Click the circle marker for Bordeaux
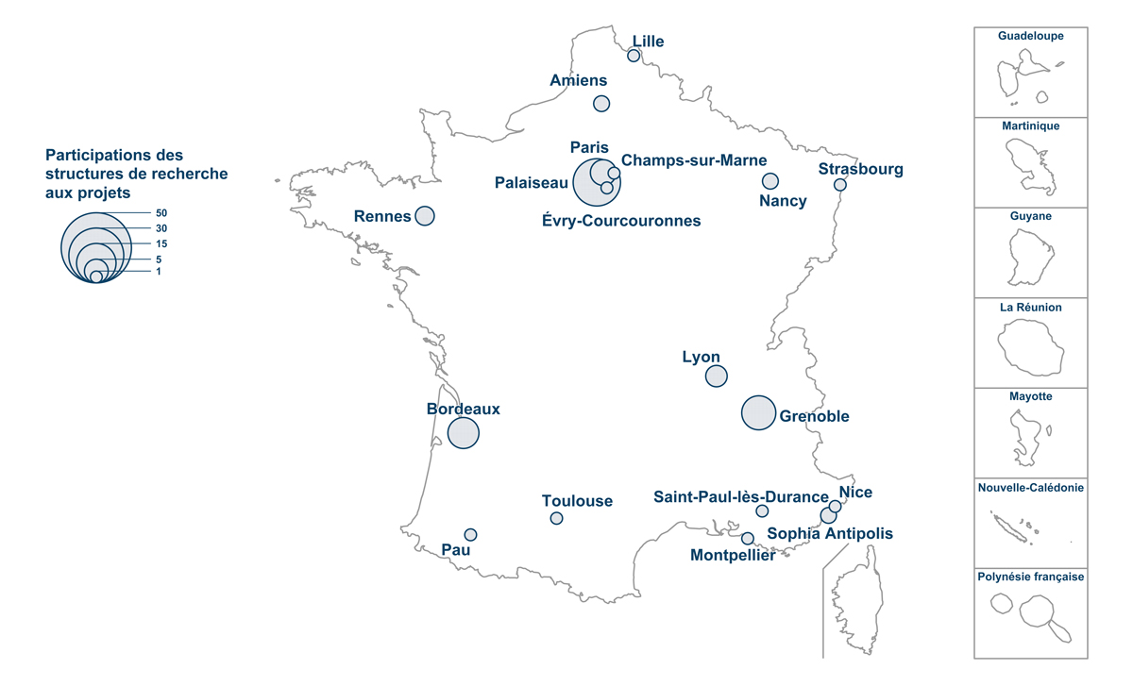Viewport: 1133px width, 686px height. (463, 433)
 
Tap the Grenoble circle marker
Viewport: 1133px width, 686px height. (758, 412)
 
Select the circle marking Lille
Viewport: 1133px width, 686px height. (634, 56)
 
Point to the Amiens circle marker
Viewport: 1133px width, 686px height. (601, 104)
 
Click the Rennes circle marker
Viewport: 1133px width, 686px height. (425, 216)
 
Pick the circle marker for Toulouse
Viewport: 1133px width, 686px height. (556, 518)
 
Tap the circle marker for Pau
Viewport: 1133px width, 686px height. (470, 535)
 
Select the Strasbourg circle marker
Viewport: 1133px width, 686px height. (840, 185)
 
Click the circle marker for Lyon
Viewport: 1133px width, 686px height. (717, 376)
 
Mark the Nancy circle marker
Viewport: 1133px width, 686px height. (770, 181)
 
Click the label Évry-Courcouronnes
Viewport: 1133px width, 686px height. (622, 221)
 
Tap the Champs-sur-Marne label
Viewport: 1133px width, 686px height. (694, 160)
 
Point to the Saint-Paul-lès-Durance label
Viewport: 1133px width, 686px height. (741, 496)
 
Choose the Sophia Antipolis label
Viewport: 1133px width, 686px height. (830, 534)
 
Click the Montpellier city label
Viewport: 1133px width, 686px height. (733, 556)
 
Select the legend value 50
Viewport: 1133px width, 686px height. (161, 213)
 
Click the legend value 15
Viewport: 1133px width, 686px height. (161, 243)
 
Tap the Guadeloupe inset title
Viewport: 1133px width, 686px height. (1031, 37)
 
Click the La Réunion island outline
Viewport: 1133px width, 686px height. (1031, 346)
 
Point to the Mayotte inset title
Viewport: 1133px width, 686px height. (1031, 397)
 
